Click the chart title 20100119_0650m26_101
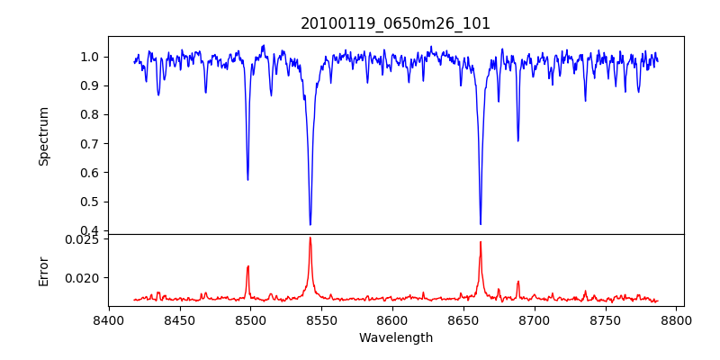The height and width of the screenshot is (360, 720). [x=396, y=23]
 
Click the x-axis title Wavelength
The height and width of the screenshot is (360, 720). [x=396, y=338]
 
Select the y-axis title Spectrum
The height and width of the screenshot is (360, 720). [x=44, y=136]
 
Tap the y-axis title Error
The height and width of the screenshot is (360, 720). [x=44, y=271]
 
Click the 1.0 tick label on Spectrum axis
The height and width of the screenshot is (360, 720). [x=91, y=57]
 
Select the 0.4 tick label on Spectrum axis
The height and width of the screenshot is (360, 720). [x=91, y=230]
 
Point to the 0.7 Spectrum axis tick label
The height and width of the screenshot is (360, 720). [x=91, y=144]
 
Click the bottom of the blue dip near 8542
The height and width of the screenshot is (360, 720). [x=310, y=224]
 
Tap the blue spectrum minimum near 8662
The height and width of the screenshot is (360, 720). [x=481, y=224]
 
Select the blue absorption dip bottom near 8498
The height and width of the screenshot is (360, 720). [x=247, y=179]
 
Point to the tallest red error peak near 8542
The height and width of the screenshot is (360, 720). [x=310, y=238]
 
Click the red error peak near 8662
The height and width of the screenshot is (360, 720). [x=481, y=242]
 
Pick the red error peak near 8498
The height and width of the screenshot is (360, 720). [x=247, y=266]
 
